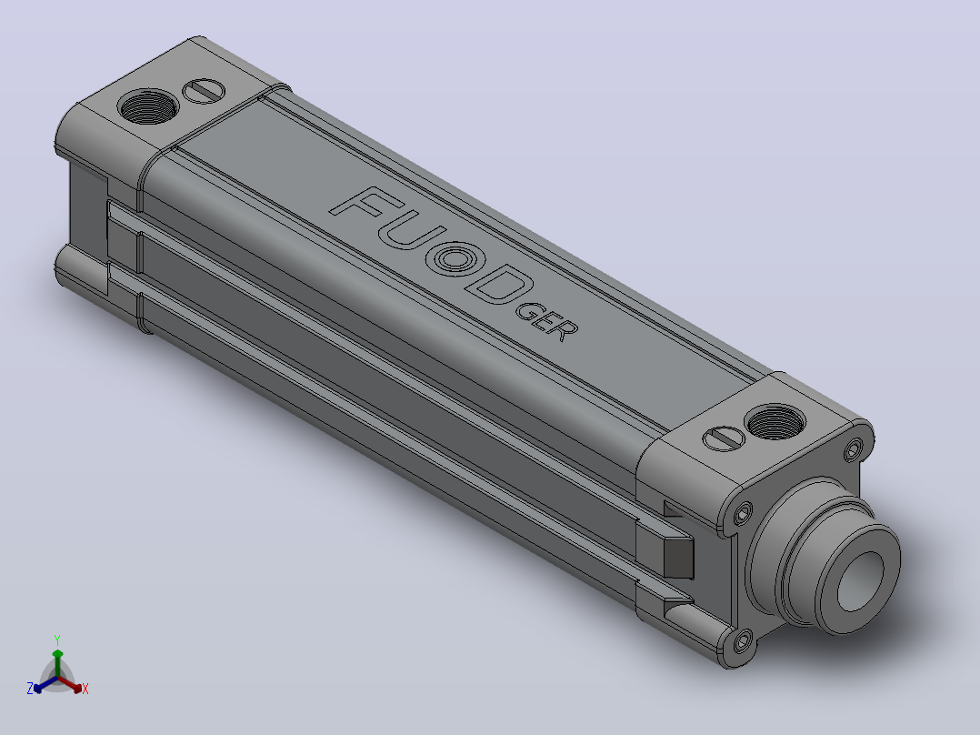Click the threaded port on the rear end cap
point(148,106)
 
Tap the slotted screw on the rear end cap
point(204,91)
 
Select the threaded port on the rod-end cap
point(775,422)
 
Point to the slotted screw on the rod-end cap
point(724,438)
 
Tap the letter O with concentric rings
point(455,258)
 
